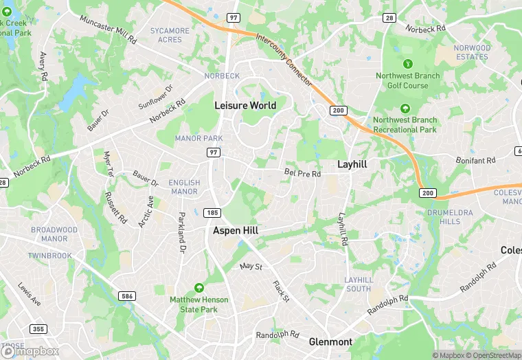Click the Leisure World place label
point(245,105)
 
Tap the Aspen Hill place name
point(235,231)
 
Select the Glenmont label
point(330,341)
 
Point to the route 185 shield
point(212,212)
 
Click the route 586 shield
point(126,296)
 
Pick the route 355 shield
point(38,329)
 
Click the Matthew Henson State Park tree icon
point(199,287)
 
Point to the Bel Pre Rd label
point(302,174)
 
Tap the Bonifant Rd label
point(475,161)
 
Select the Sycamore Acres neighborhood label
point(170,35)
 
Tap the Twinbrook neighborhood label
point(49,256)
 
